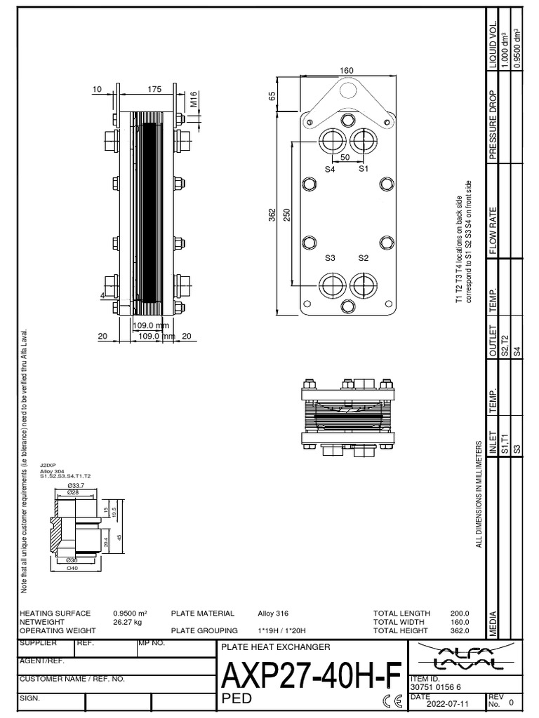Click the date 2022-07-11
(441, 703)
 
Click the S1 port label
(364, 169)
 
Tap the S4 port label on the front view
(329, 169)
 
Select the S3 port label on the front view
(329, 258)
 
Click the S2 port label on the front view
(364, 258)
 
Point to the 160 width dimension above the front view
(346, 70)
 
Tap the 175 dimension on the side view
(155, 89)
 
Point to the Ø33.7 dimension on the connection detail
(75, 485)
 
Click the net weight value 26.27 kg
(128, 621)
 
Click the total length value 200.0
(459, 613)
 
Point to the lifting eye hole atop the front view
(347, 89)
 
